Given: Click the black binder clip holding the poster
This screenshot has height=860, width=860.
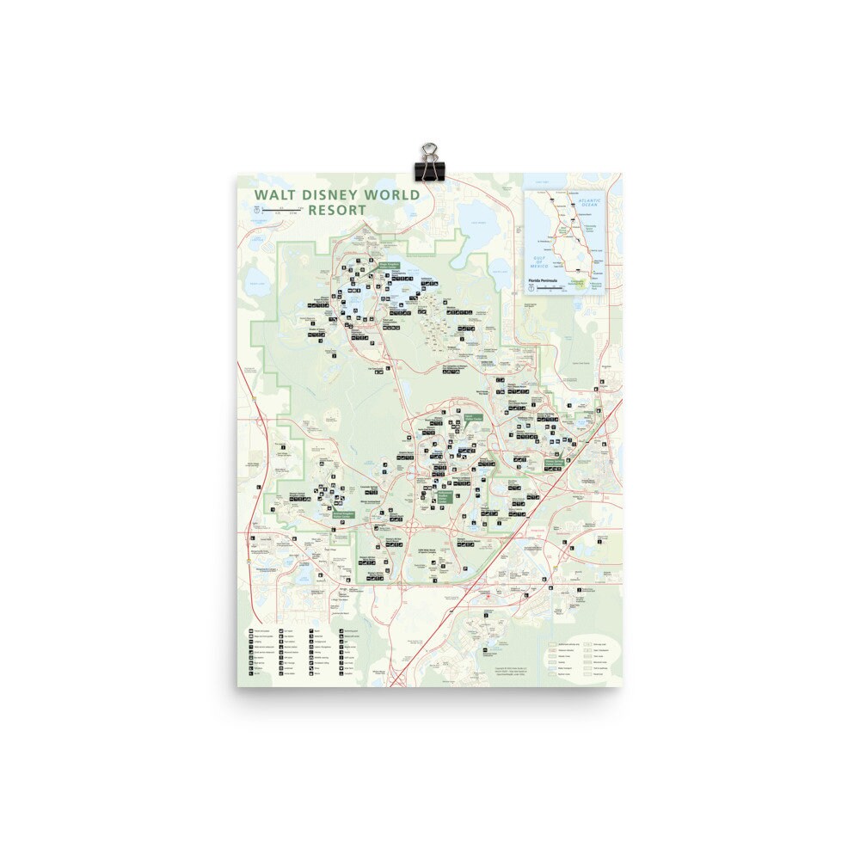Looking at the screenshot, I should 427,163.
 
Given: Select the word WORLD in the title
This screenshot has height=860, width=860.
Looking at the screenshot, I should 391,195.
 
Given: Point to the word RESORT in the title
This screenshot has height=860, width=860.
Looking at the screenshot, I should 337,210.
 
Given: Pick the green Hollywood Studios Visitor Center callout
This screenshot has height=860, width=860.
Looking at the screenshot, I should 444,496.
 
